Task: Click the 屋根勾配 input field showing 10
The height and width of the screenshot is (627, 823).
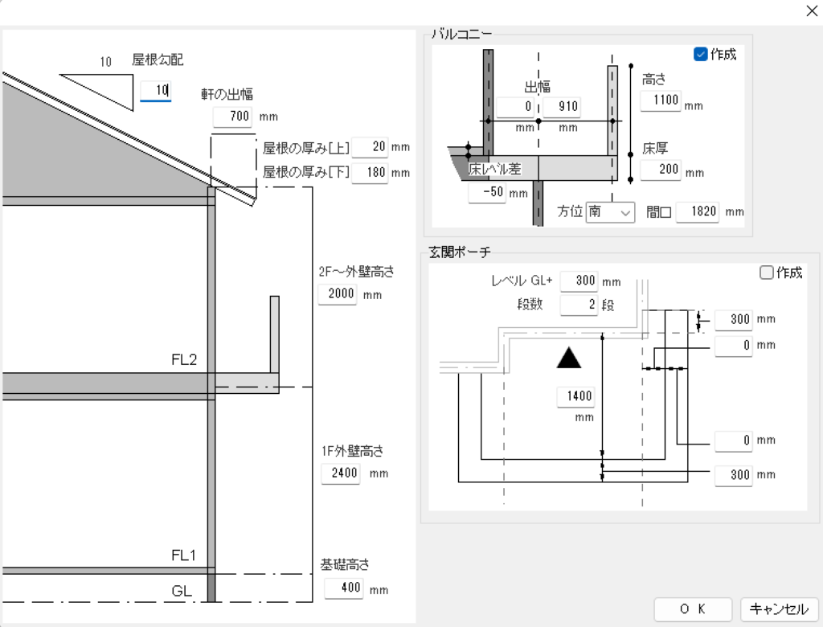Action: pos(155,91)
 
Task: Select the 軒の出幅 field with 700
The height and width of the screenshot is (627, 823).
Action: pos(233,117)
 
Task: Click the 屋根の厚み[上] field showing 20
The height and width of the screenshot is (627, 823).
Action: pos(371,147)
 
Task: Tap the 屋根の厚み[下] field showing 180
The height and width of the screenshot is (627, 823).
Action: pos(371,172)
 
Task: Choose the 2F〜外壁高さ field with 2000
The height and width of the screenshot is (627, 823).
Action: pos(338,294)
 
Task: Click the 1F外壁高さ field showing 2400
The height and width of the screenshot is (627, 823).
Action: pos(341,473)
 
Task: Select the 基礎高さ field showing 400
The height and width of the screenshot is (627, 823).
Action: pos(344,588)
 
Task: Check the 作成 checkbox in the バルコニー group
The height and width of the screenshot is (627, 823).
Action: pos(700,55)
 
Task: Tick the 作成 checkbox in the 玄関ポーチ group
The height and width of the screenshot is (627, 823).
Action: pos(767,273)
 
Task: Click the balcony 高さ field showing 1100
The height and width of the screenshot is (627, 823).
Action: pos(661,101)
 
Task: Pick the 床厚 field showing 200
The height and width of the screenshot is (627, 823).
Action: pos(661,170)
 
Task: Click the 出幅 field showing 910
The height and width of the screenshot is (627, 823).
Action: pos(561,107)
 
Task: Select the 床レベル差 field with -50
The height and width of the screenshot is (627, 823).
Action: pos(487,193)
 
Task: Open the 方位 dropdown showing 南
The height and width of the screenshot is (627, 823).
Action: pos(610,212)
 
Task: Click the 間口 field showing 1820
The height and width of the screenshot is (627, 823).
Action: pos(696,212)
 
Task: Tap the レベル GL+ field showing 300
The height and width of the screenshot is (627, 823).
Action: pos(579,281)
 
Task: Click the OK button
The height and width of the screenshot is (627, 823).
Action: pos(693,609)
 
